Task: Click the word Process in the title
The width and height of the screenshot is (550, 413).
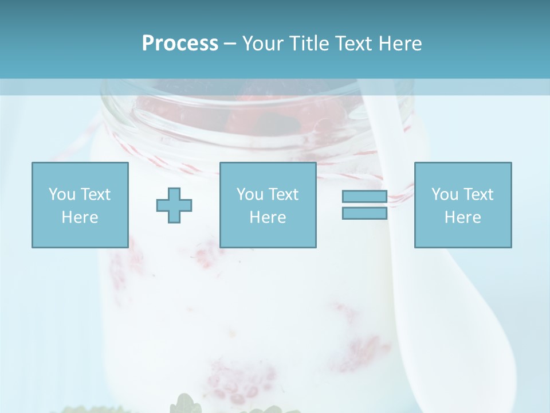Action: pos(180,44)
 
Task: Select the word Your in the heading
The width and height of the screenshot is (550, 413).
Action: pos(262,44)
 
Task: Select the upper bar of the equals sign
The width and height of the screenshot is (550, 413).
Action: pos(364,197)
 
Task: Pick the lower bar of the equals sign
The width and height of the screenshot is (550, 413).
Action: pos(364,213)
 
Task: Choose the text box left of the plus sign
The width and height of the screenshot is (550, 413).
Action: pos(80,205)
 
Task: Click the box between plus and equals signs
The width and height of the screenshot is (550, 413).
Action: pos(268,205)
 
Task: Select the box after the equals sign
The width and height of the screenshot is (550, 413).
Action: pos(462,205)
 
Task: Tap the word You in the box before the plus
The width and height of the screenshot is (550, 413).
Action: pos(61,194)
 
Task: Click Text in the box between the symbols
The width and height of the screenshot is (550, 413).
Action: pos(283,194)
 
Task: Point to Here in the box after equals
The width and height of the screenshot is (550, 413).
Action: pos(462,217)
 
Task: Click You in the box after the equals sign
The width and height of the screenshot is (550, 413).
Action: pos(444,194)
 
